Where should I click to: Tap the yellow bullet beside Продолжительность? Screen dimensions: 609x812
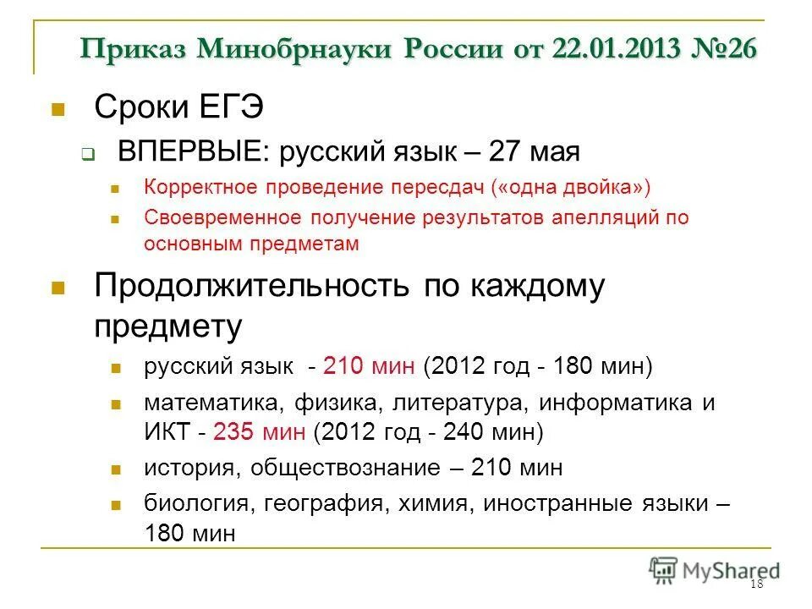point(58,288)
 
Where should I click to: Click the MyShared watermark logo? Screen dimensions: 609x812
point(715,570)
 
